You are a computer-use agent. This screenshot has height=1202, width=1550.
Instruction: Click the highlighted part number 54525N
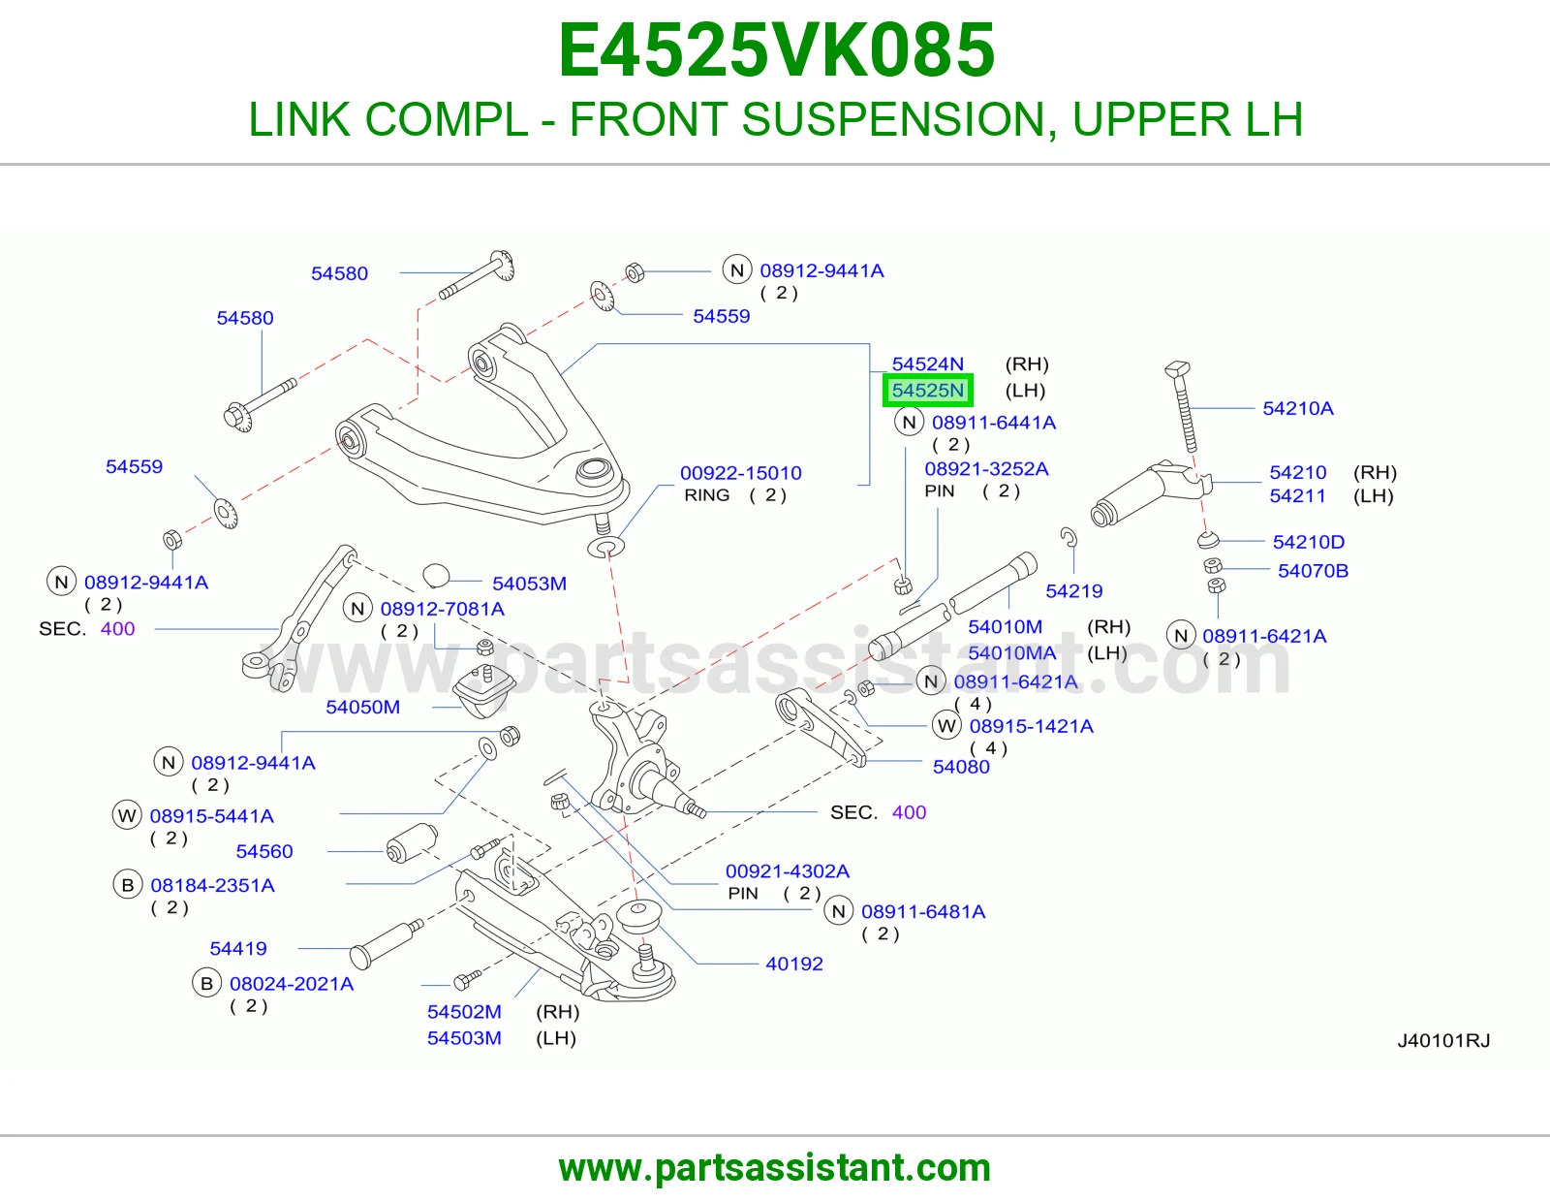click(x=927, y=391)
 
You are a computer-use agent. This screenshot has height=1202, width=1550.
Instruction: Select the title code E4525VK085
click(x=776, y=50)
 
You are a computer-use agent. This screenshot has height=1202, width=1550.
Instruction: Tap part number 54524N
click(x=927, y=364)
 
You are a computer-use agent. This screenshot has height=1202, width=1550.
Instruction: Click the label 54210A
click(x=1297, y=408)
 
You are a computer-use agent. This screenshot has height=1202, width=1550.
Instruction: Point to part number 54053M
click(x=529, y=584)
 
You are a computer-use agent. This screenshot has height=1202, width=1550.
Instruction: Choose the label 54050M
click(x=362, y=708)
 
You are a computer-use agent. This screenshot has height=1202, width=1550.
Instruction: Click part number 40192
click(x=794, y=965)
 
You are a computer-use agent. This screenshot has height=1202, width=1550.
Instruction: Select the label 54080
click(x=961, y=768)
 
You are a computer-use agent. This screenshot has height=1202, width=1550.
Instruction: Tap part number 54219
click(x=1073, y=591)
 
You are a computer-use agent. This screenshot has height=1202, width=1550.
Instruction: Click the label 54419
click(x=238, y=949)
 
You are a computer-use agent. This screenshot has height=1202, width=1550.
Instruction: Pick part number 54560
click(x=263, y=851)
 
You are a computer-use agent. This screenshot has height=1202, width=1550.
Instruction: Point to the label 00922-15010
click(x=740, y=473)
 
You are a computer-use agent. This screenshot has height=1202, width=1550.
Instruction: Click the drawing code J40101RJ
click(x=1443, y=1041)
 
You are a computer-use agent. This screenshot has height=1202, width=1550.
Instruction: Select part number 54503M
click(x=464, y=1038)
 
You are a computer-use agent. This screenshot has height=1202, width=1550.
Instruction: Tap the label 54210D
click(x=1308, y=543)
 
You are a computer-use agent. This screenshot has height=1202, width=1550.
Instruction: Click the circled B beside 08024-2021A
click(x=206, y=984)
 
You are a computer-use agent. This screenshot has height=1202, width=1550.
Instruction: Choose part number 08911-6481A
click(x=923, y=912)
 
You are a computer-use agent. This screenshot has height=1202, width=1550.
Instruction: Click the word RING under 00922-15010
click(x=707, y=495)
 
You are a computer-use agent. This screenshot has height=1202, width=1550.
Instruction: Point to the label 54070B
click(x=1313, y=571)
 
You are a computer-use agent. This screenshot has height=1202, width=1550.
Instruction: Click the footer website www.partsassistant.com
click(x=775, y=1168)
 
